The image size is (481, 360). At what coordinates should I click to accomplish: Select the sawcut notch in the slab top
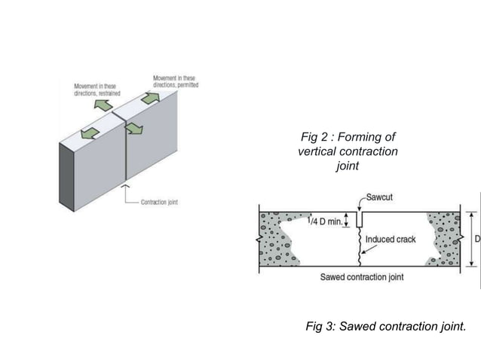coord(360,219)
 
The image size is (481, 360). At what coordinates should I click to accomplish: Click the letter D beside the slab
coord(476,239)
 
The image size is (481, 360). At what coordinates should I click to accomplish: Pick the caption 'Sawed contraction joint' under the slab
coord(362,277)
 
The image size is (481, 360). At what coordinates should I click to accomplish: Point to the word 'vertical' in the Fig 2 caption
coord(319,151)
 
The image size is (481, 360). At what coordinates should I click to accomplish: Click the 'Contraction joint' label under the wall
coord(159,202)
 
